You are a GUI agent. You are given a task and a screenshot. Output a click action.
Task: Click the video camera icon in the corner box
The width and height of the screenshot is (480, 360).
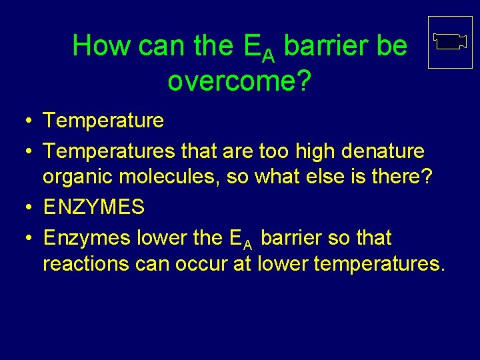pyautogui.click(x=449, y=42)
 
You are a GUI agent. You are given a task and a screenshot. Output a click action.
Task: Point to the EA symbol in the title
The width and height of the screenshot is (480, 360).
pyautogui.click(x=260, y=48)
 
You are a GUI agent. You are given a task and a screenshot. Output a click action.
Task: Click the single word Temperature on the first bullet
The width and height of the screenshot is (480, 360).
pyautogui.click(x=103, y=121)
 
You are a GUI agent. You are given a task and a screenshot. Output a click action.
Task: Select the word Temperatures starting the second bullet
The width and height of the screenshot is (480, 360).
pyautogui.click(x=110, y=151)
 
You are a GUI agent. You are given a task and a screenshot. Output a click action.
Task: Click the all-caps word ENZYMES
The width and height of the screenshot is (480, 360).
pyautogui.click(x=94, y=207)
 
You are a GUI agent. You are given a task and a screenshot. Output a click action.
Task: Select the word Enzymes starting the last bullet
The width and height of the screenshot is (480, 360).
pyautogui.click(x=87, y=237)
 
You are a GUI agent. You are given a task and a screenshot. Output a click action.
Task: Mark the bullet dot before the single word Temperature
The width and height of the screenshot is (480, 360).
pyautogui.click(x=23, y=121)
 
